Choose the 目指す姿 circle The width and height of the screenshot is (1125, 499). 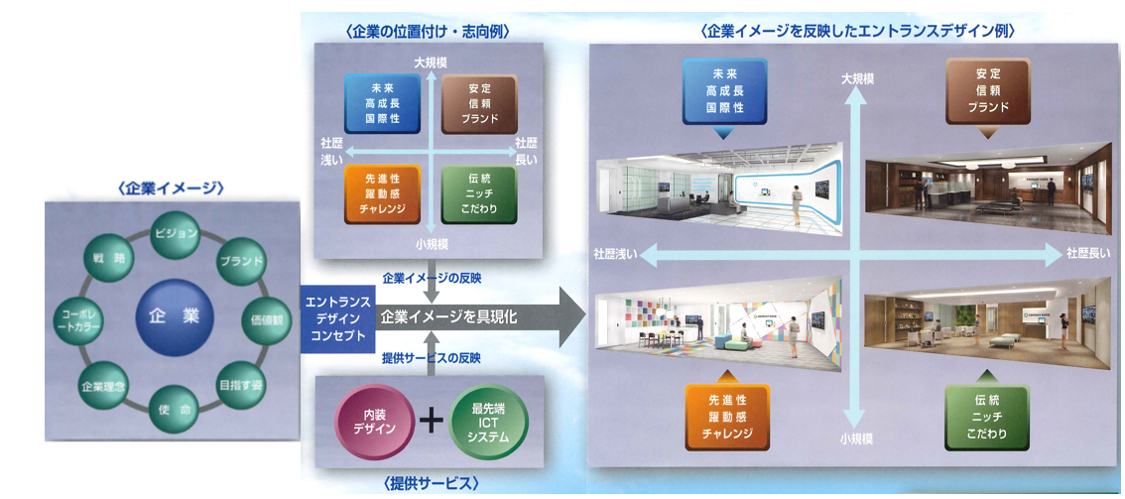pos(239,380)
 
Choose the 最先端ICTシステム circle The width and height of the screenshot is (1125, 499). pos(488,421)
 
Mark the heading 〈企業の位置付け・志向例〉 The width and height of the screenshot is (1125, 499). pos(429,32)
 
